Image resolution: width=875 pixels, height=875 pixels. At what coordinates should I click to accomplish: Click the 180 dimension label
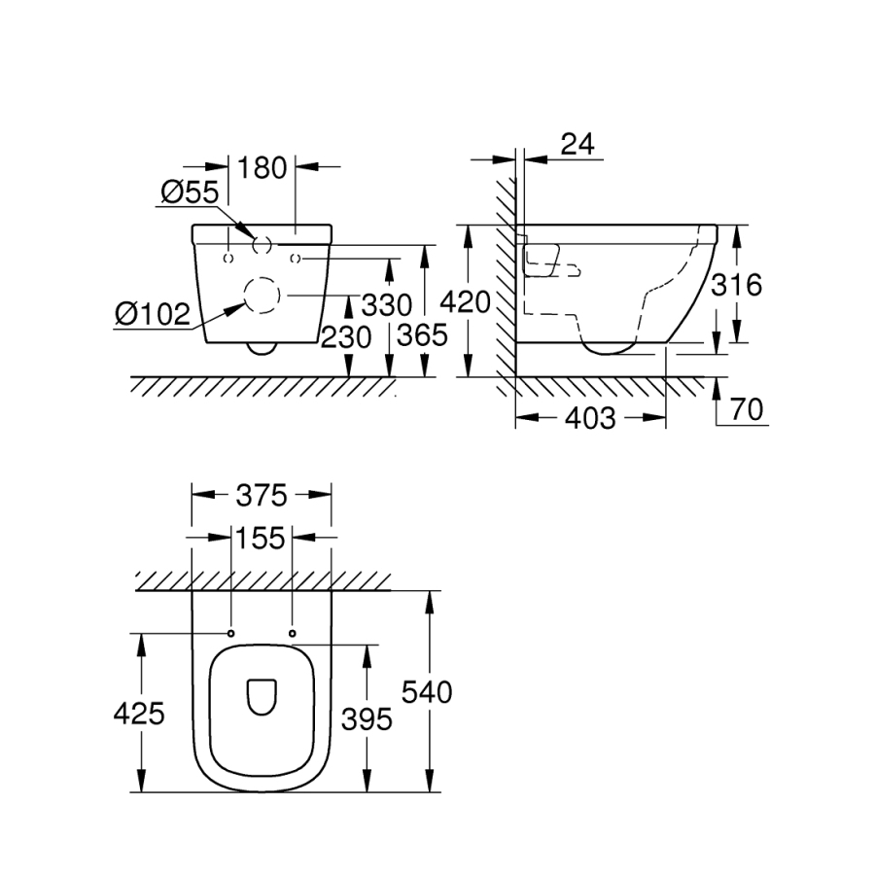click(262, 167)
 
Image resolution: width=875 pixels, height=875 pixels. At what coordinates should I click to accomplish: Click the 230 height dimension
click(345, 337)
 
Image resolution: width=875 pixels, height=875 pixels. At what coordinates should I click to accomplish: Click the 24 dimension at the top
click(577, 144)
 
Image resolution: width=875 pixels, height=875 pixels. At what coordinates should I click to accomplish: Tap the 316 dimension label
click(736, 284)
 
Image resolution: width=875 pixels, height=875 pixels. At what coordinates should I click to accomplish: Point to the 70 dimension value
click(746, 410)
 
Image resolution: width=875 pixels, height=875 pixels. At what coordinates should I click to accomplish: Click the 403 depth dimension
click(590, 418)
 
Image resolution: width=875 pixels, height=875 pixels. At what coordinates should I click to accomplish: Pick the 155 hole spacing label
click(262, 537)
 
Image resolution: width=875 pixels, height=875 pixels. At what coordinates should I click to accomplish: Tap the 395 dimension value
click(366, 719)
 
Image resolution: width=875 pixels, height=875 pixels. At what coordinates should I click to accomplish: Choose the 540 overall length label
click(427, 693)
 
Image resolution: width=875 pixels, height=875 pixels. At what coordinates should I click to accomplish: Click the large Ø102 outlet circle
click(260, 296)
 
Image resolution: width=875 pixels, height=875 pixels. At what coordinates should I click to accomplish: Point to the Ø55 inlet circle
click(262, 245)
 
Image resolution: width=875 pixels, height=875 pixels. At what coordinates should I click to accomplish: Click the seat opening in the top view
click(262, 696)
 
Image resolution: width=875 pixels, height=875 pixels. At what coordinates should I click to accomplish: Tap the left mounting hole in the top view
click(230, 634)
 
